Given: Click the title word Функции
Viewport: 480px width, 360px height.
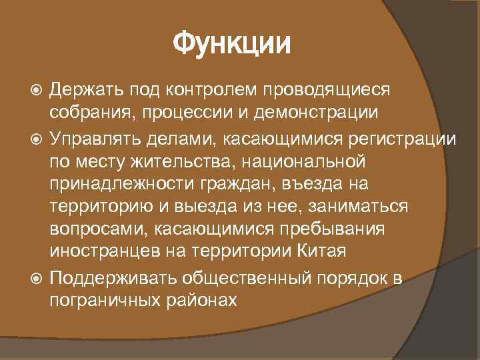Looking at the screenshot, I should [x=232, y=46].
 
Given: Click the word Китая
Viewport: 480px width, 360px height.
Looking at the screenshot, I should [x=323, y=253].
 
